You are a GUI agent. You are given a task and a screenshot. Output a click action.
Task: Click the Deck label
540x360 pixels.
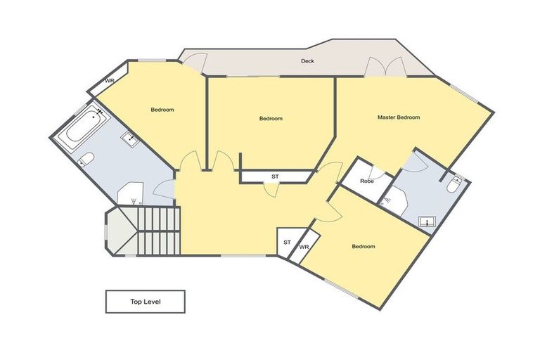point(307,61)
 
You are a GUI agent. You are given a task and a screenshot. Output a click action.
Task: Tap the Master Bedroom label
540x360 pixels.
point(399,117)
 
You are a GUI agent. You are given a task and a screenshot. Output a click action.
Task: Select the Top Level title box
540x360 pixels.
point(146,302)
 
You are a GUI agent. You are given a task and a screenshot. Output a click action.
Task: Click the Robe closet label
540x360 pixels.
point(366,181)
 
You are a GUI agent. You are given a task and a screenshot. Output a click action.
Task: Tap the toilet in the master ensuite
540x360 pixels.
point(454,185)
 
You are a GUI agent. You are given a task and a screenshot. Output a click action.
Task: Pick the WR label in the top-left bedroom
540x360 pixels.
point(110,81)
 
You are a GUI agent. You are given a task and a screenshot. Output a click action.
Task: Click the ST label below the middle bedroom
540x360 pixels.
point(274,176)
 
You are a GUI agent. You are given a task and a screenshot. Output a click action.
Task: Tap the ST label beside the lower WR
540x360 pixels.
point(287,243)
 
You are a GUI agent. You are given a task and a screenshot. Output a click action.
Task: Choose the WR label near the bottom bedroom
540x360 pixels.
point(304,247)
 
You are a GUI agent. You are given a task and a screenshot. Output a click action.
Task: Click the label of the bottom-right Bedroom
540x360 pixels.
point(364,247)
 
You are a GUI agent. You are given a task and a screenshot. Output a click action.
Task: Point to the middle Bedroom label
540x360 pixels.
point(271,119)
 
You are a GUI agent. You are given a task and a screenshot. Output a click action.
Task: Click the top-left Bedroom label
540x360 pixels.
point(162,110)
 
